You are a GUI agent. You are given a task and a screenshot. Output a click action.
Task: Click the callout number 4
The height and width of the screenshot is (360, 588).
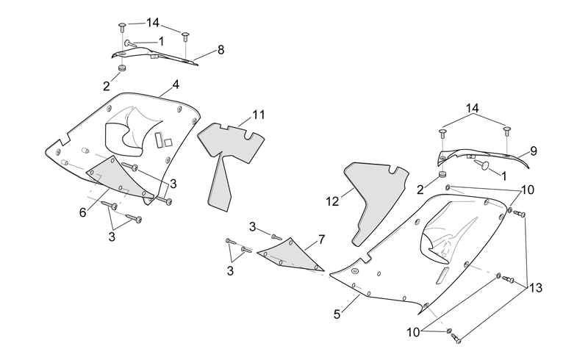click(x=176, y=84)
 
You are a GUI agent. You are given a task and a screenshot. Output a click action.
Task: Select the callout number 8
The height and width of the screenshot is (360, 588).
click(x=220, y=50)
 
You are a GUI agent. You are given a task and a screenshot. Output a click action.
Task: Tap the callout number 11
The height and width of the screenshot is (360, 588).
click(x=259, y=115)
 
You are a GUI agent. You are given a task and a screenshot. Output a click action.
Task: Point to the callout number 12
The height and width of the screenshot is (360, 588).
click(x=332, y=202)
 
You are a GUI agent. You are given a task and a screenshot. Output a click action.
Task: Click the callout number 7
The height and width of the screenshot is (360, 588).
click(x=321, y=240)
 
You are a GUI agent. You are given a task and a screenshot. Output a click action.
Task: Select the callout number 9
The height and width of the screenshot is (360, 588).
click(x=534, y=151)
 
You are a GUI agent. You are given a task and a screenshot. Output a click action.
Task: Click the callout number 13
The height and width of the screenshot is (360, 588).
click(x=536, y=288)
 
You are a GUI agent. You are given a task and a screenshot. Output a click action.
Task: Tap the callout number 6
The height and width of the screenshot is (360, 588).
click(x=82, y=212)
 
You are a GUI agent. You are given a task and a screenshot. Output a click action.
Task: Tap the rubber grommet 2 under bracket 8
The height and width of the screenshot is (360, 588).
click(x=121, y=68)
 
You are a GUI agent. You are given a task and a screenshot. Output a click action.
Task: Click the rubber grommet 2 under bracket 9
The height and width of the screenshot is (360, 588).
click(x=443, y=174)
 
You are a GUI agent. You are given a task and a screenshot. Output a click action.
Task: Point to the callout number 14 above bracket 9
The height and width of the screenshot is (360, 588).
click(x=472, y=109)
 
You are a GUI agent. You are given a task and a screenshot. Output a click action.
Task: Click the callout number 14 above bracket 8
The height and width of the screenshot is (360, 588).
click(x=153, y=23)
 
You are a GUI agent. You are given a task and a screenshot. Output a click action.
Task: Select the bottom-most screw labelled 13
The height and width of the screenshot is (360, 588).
click(x=456, y=338)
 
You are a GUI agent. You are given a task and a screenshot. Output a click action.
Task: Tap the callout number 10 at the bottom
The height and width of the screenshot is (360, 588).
click(x=413, y=332)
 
